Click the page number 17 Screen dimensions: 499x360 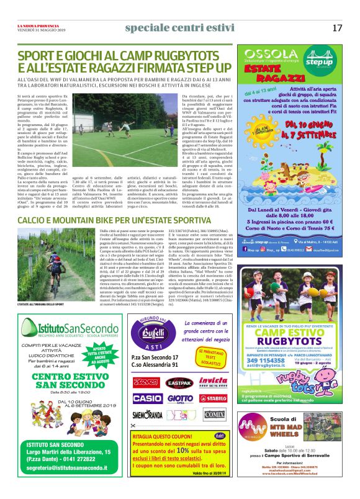pyautogui.click(x=337, y=28)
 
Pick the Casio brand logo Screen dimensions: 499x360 pyautogui.click(x=147, y=397)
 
